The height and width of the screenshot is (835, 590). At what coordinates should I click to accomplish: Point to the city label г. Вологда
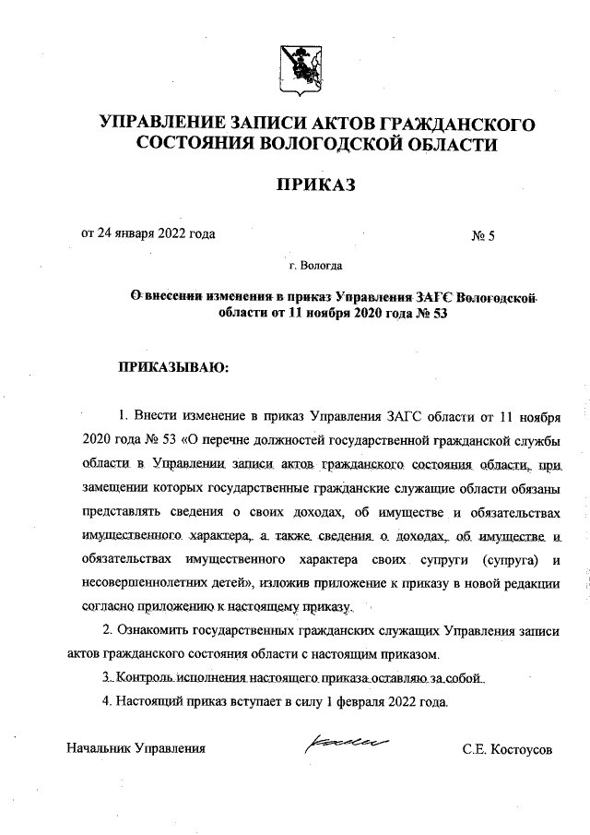coord(315,268)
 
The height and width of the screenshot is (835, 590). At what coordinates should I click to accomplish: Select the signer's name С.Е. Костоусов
coord(507,749)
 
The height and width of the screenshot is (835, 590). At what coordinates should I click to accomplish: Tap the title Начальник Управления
coord(135,748)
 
